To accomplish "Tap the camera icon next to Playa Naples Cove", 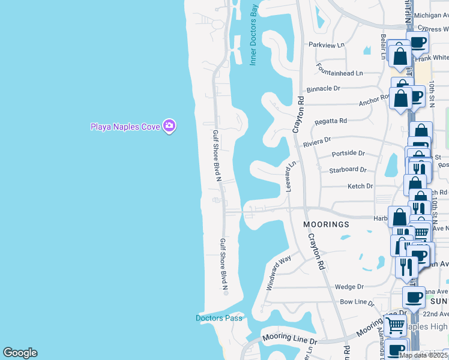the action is click(x=170, y=125).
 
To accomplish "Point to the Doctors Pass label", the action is click(x=219, y=318).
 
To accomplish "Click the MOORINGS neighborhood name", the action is click(x=326, y=224).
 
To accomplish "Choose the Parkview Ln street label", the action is click(x=327, y=45).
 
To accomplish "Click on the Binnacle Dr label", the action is click(x=323, y=89).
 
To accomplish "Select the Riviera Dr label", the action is click(x=317, y=142).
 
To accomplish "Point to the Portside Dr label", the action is click(x=348, y=154).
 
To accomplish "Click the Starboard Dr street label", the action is click(x=348, y=170).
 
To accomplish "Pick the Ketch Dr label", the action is click(x=360, y=187).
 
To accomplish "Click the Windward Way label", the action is click(x=279, y=272).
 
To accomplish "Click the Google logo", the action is click(x=20, y=353).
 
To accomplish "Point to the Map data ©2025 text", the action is click(x=424, y=355).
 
